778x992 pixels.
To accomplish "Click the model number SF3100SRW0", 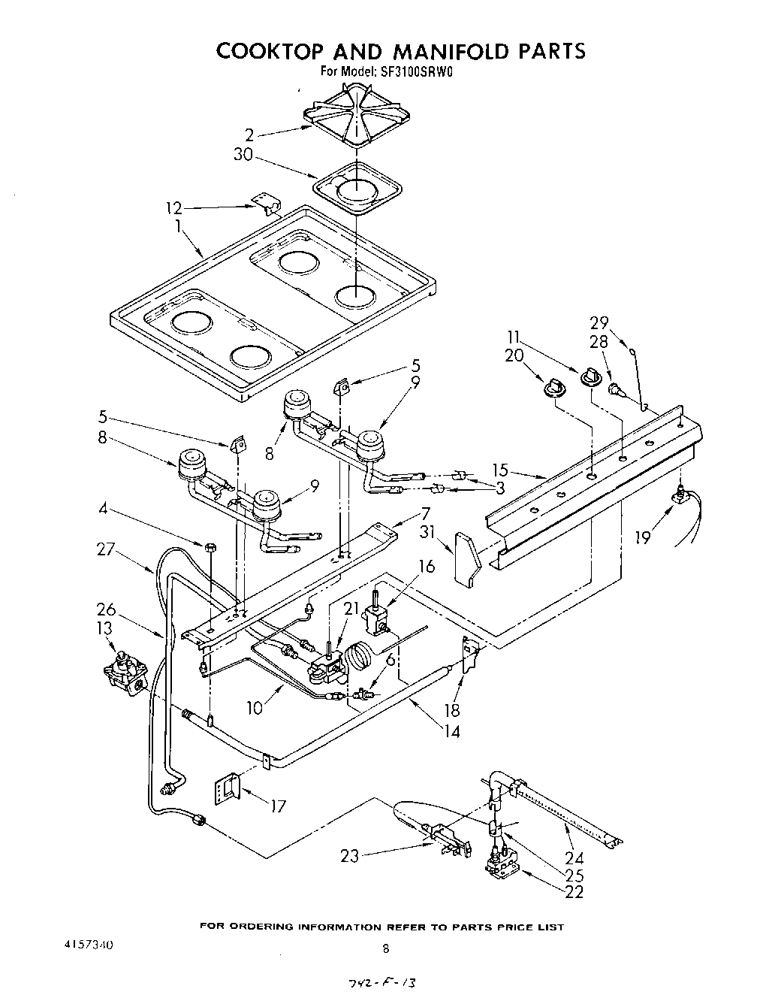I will (416, 73).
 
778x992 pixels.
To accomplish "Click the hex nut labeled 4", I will (211, 545).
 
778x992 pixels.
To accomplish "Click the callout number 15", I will (500, 471).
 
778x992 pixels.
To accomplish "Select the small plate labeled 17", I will (227, 788).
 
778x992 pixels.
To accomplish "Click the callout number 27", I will (106, 550).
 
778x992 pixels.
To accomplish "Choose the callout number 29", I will (598, 323).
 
